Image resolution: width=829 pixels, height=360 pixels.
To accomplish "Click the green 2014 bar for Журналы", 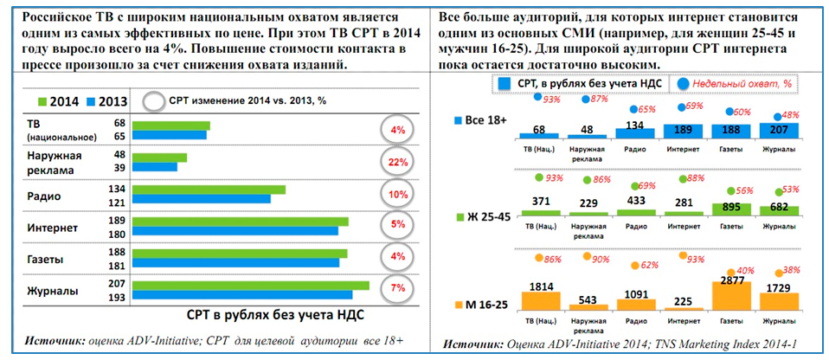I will click(x=252, y=286).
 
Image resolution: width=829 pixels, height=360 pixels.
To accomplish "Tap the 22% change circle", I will click(x=398, y=163).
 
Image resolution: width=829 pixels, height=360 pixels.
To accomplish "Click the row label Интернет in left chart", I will click(x=53, y=228).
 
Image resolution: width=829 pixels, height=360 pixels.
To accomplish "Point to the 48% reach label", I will click(x=788, y=115).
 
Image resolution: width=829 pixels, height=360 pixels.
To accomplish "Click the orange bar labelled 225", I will click(x=683, y=305).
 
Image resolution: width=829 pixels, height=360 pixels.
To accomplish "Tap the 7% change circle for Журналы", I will click(x=398, y=287).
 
